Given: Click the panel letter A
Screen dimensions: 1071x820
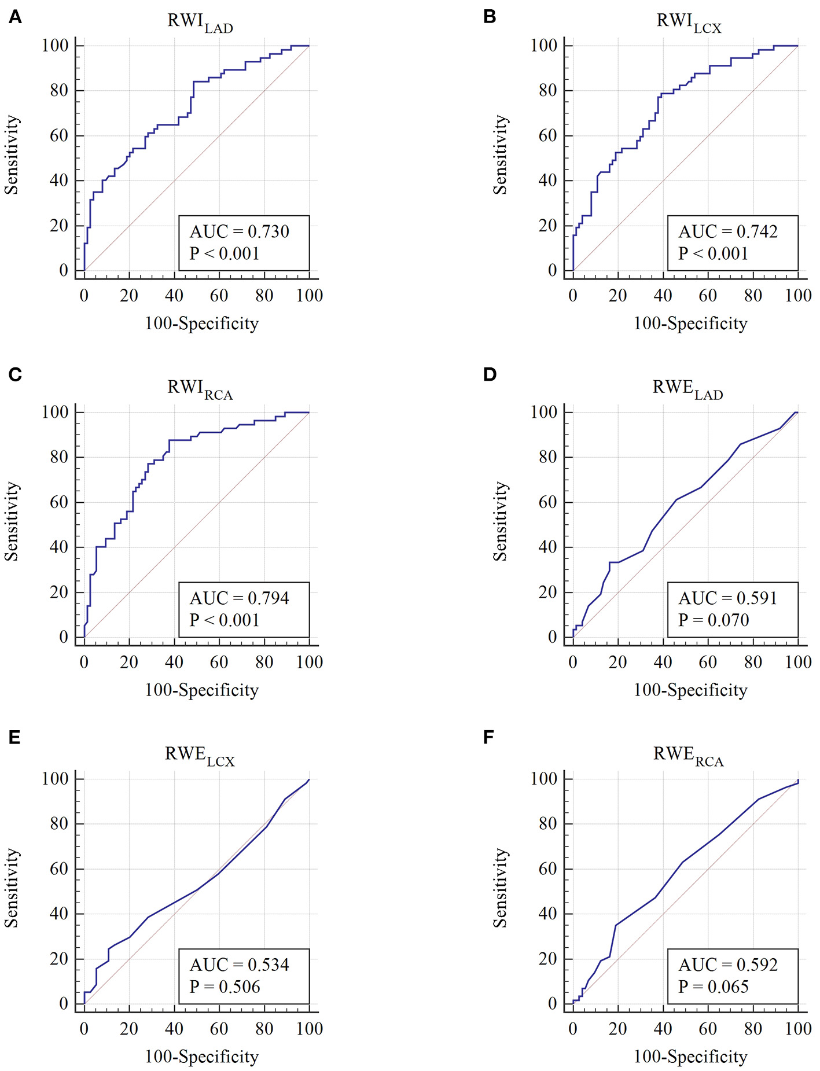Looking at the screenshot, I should click(x=15, y=17).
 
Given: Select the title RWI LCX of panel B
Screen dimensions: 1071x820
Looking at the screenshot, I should click(x=689, y=23).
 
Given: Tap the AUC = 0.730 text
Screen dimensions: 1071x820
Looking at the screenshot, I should click(x=239, y=231).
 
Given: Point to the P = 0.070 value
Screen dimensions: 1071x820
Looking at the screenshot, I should click(x=713, y=620).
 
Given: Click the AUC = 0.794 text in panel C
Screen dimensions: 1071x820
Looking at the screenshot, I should click(x=239, y=598).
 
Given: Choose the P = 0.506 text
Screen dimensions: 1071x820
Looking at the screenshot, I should click(x=225, y=987).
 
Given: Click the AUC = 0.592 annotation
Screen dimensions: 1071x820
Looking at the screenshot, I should click(x=727, y=965).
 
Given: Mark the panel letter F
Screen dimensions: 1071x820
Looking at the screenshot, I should click(x=488, y=737).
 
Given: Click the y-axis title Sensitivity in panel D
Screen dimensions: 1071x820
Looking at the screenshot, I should click(x=500, y=521).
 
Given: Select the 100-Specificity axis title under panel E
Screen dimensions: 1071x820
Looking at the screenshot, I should click(x=201, y=1057).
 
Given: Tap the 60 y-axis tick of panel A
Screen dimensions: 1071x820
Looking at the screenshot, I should click(x=59, y=135).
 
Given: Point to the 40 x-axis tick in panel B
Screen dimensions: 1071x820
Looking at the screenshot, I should click(x=663, y=296).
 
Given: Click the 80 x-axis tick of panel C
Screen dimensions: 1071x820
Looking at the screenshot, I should click(x=264, y=662).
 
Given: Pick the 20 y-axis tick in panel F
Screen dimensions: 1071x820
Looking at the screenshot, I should click(x=548, y=959).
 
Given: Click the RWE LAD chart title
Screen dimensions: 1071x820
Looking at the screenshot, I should click(x=687, y=389).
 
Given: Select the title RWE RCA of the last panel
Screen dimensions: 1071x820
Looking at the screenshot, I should click(x=688, y=756).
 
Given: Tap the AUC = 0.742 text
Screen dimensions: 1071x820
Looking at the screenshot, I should click(x=727, y=231).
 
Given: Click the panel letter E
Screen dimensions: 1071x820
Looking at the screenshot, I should click(x=14, y=737).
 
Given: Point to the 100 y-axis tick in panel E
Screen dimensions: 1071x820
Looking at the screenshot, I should click(x=55, y=779).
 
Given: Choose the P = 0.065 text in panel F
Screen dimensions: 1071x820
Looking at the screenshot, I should click(x=713, y=987).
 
